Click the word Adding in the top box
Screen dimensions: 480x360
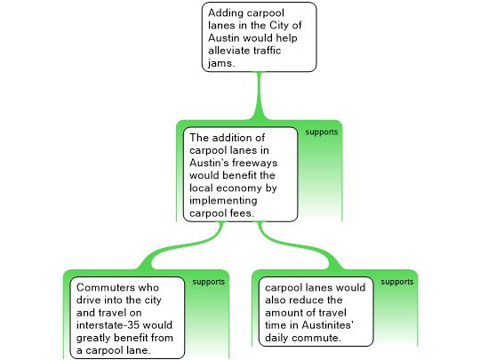226,13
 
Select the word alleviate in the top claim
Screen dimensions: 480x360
230,50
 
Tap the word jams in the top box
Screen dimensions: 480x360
220,63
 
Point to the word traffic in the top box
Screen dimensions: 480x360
268,50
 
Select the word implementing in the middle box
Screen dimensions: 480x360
223,201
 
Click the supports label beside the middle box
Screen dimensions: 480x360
322,132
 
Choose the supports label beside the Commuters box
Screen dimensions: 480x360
209,282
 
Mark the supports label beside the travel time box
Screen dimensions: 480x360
397,282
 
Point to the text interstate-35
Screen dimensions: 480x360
108,324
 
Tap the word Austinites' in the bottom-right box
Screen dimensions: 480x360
327,324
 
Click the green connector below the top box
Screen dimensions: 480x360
259,96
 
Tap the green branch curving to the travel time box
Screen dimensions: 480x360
301,247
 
